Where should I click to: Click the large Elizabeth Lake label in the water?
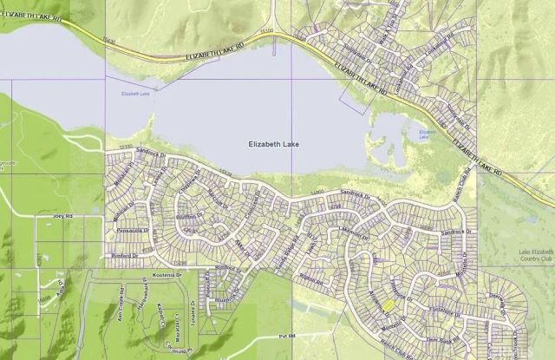[x=273, y=145]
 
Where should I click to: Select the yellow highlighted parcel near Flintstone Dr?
[x=388, y=304]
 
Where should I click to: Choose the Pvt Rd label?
[x=287, y=334]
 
